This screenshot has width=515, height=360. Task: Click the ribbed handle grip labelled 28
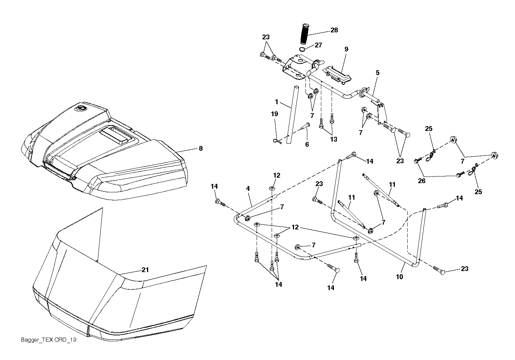pos(305,33)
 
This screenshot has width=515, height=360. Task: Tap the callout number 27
pos(318,45)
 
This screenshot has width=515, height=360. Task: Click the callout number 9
pos(346,49)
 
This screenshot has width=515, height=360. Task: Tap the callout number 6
pos(307,145)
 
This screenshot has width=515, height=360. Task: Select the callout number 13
pos(334,139)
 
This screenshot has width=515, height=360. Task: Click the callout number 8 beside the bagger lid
pos(201,149)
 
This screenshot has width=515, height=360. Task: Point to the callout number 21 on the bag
pos(145,270)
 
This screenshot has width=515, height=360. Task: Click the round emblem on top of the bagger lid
pos(81,108)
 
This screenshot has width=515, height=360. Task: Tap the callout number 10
pos(400,277)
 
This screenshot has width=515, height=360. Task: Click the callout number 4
pos(248,189)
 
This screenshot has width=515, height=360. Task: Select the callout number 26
pos(422,181)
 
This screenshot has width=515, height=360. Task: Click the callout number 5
pos(378,73)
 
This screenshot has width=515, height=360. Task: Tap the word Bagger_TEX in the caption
pos(37,340)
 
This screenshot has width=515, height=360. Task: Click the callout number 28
pos(334,30)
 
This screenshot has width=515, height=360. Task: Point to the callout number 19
pos(275,114)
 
